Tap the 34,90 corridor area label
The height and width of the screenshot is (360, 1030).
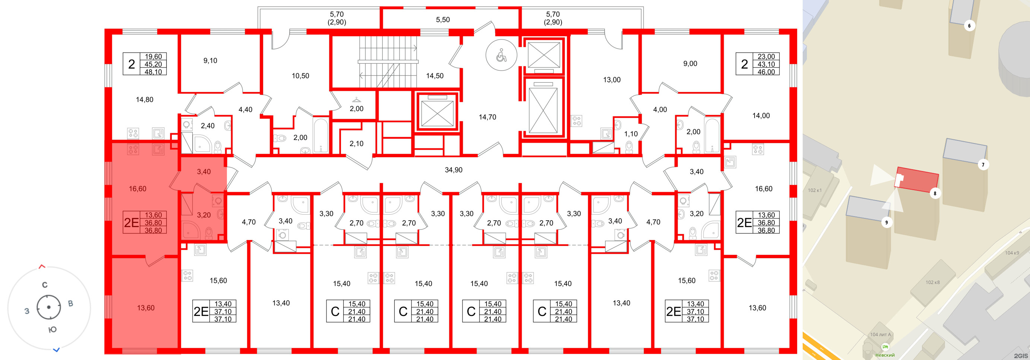point(454,170)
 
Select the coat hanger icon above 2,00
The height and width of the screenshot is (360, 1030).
point(356,100)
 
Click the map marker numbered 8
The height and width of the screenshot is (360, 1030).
point(935,193)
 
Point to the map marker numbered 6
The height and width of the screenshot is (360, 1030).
point(969,26)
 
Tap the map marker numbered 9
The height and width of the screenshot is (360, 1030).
point(887,223)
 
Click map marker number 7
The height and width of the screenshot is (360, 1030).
point(983,165)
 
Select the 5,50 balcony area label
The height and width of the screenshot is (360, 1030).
point(443,20)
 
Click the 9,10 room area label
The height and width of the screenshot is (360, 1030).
point(210,61)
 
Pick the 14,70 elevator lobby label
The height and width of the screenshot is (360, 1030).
point(487,117)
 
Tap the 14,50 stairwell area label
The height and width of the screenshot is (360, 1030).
point(434,76)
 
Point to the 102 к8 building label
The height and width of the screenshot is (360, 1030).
point(932,282)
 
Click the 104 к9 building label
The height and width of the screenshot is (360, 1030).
point(1012,253)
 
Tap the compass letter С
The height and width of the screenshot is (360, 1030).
point(45,285)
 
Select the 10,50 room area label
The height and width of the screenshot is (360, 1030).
point(300,76)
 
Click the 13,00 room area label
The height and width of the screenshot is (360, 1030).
point(612,80)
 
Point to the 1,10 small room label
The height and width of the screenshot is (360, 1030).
point(631,134)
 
